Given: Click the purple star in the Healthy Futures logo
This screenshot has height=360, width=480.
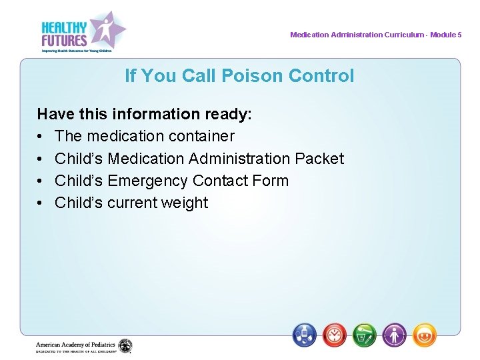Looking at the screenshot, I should pyautogui.click(x=107, y=29).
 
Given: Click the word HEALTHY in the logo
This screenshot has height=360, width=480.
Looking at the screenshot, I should pyautogui.click(x=64, y=27).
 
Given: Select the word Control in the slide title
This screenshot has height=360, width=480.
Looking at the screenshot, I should pyautogui.click(x=321, y=76).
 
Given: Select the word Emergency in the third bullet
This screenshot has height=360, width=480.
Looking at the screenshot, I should pyautogui.click(x=147, y=181).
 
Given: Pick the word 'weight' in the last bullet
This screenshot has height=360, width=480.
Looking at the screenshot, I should pyautogui.click(x=185, y=203).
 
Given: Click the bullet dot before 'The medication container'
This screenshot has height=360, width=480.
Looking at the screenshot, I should pyautogui.click(x=41, y=137).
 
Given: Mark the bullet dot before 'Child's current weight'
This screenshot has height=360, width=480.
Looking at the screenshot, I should pyautogui.click(x=41, y=203).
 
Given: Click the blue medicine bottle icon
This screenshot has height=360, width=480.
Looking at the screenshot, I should pyautogui.click(x=305, y=334).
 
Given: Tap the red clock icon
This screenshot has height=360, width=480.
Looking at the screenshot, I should pyautogui.click(x=335, y=334).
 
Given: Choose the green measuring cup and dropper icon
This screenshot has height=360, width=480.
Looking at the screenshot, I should pyautogui.click(x=365, y=334).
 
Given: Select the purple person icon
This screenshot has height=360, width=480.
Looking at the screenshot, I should pyautogui.click(x=394, y=334).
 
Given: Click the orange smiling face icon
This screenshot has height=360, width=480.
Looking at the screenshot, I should pyautogui.click(x=424, y=334).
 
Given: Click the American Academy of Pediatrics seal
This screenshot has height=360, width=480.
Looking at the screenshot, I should pyautogui.click(x=125, y=346).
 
